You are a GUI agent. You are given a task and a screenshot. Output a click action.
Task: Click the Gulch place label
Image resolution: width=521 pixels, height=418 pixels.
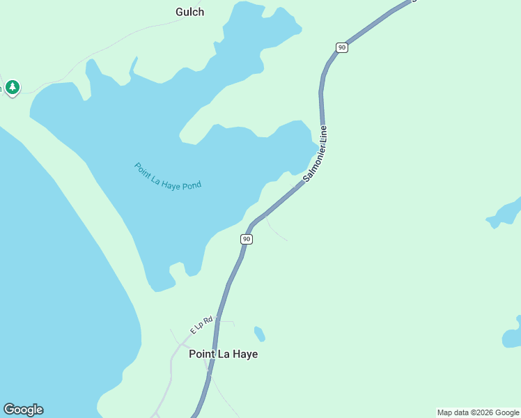[x=189, y=12]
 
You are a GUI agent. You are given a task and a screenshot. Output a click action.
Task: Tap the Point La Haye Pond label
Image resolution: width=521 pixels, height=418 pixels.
[x=168, y=176]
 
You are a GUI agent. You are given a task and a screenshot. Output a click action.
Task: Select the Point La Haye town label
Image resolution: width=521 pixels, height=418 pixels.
[x=223, y=354]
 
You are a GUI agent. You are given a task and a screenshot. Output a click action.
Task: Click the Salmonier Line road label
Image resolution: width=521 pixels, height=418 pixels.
[x=316, y=155]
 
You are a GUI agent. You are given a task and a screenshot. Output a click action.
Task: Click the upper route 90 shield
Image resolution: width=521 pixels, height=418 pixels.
[x=341, y=47]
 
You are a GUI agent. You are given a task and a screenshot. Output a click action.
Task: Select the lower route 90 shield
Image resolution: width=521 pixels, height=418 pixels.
[x=247, y=239]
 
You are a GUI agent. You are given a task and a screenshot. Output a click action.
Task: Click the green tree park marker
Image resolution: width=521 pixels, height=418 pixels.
[x=12, y=87]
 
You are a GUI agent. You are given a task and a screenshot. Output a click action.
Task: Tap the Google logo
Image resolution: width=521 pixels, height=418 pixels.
[x=23, y=410]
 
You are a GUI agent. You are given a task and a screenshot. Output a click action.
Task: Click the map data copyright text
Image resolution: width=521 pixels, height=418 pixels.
[x=478, y=413]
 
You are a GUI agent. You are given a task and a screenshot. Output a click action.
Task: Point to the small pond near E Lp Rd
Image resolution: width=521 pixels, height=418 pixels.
[x=260, y=334]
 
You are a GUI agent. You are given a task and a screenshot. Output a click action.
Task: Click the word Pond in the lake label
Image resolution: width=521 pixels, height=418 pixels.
[x=191, y=185]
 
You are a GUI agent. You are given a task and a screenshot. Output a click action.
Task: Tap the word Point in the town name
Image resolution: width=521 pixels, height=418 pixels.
[x=203, y=354]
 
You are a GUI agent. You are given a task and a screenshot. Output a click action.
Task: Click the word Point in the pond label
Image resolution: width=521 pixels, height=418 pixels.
[x=143, y=168]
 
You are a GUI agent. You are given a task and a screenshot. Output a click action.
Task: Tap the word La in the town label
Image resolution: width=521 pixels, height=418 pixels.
[x=225, y=354]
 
